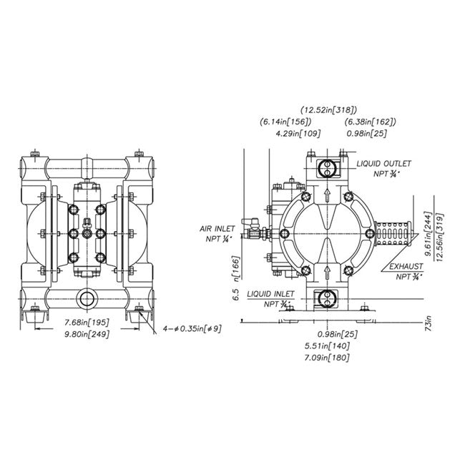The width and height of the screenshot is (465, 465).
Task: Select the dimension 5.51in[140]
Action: tap(328, 345)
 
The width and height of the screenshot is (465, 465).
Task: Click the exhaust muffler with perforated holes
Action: tap(393, 233)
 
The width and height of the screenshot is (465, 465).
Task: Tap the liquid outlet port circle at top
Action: tap(327, 170)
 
